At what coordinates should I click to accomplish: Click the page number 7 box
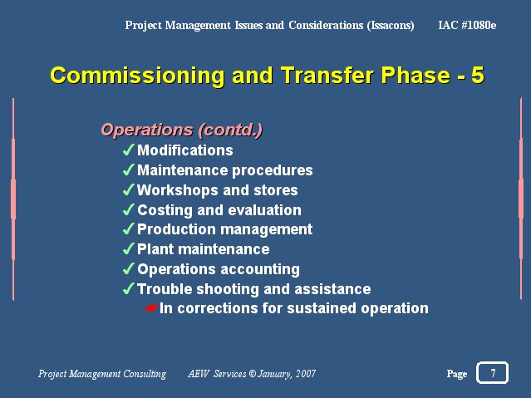[492, 372]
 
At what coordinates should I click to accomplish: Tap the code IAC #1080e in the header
[467, 25]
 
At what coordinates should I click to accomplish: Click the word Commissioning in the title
[137, 76]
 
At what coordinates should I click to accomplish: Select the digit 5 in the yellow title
[478, 75]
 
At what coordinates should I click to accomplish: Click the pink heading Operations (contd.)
[181, 130]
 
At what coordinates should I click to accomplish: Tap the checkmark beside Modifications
[129, 150]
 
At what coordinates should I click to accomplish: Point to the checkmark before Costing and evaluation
[129, 209]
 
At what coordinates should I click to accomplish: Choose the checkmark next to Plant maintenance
[129, 248]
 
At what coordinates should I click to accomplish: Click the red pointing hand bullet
[152, 308]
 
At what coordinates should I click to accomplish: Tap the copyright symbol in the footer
[253, 373]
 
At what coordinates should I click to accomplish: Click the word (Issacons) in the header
[391, 26]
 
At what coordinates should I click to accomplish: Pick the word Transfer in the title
[327, 75]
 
